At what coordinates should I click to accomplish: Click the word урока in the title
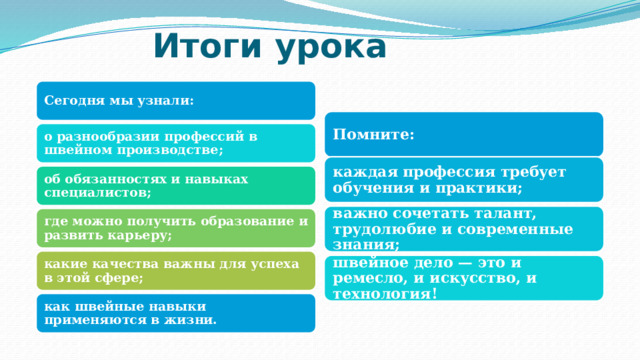click(327, 46)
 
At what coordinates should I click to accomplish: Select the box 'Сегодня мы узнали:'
click(175, 100)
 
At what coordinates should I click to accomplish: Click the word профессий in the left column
click(207, 136)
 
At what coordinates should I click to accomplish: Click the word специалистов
click(97, 191)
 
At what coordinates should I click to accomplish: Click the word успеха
click(276, 263)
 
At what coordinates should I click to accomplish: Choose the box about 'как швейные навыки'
click(175, 313)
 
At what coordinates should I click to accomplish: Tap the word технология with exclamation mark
click(385, 293)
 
